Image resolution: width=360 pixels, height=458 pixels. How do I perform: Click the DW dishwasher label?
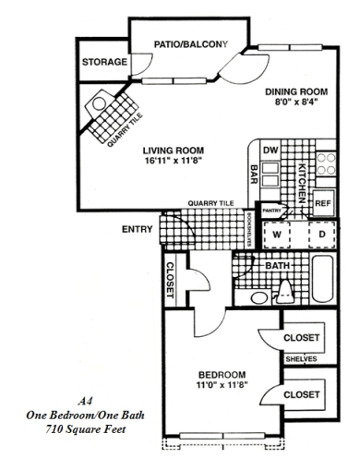(x=271, y=150)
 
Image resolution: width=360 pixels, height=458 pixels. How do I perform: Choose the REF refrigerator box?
(x=323, y=202)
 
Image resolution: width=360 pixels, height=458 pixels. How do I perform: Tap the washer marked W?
(x=274, y=235)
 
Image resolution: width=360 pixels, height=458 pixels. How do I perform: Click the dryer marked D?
(x=320, y=235)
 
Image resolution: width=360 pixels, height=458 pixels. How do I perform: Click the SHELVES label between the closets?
(x=302, y=358)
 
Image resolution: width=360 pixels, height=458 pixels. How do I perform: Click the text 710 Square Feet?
(x=86, y=429)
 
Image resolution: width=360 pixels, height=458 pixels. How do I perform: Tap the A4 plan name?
(x=86, y=401)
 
